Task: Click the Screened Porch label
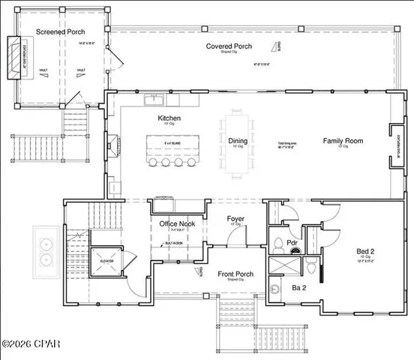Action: pos(61,32)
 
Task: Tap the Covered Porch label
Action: pos(230,46)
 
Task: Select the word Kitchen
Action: pos(169,118)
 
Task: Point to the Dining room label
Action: pos(238,139)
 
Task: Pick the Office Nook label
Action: pos(178,224)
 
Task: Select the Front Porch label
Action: pos(235,274)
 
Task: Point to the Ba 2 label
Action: pos(277,286)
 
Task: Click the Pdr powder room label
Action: pos(294,243)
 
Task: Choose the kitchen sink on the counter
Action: pos(156,99)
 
